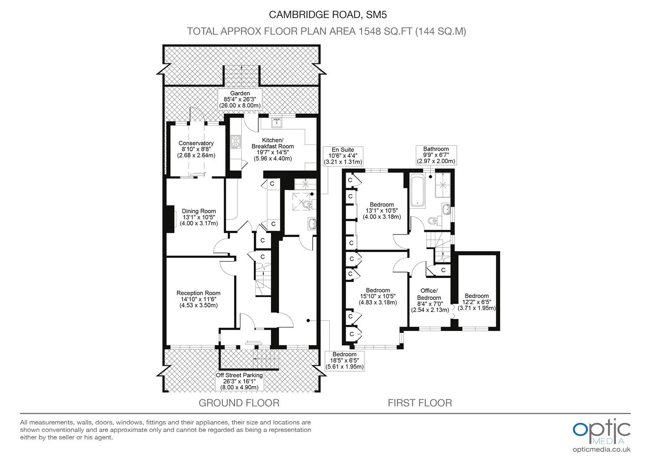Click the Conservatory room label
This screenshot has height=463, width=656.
click(196, 149)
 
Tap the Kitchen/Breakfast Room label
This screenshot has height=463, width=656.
click(273, 149)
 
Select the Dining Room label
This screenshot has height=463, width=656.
click(199, 217)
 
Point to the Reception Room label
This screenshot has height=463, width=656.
click(198, 299)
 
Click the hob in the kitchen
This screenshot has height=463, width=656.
click(236, 141)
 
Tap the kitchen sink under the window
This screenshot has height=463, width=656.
click(277, 123)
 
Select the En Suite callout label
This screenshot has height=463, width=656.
click(343, 156)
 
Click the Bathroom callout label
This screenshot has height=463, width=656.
click(436, 155)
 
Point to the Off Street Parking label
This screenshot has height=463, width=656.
click(239, 381)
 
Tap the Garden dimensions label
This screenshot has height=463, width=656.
click(240, 99)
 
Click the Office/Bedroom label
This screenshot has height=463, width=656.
click(430, 300)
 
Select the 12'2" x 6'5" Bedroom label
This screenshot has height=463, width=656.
click(477, 302)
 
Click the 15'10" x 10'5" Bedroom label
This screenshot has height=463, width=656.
click(378, 296)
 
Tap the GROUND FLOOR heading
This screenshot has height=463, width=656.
click(239, 403)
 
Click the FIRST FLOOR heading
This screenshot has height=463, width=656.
click(420, 403)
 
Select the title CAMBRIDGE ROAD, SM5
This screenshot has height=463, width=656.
click(328, 15)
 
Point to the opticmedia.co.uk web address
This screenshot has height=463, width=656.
click(601, 450)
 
